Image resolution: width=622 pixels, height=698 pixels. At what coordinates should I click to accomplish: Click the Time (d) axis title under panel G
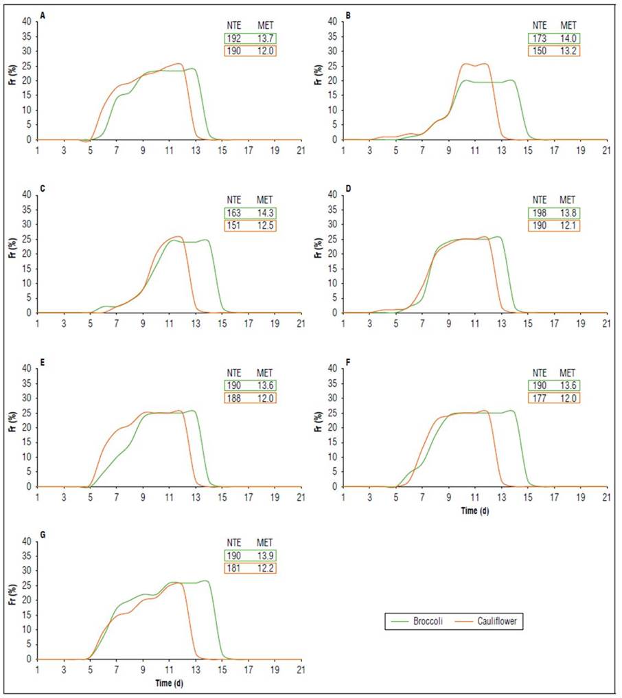[x=168, y=684]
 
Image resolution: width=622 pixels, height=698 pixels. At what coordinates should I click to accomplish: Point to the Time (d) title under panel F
[x=474, y=510]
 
